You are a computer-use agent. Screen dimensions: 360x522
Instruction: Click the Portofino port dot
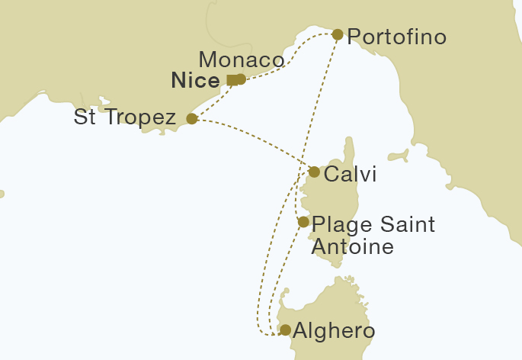338,34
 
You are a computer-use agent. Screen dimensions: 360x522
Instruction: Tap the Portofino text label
396,37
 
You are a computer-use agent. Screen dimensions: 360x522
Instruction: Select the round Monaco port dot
241,79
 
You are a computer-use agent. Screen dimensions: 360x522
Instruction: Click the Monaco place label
241,59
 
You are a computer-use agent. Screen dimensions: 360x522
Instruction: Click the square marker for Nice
232,80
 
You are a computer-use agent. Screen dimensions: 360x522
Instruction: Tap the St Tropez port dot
192,119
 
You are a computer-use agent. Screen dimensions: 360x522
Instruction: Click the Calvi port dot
314,172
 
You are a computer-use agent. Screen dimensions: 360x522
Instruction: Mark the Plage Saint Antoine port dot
303,223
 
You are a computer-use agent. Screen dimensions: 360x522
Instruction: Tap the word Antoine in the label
352,247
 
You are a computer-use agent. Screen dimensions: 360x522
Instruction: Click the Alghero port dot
285,330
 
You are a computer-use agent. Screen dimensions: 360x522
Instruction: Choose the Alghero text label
334,332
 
